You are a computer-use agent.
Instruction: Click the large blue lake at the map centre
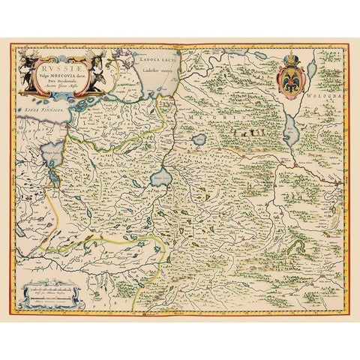tap(160, 178)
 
